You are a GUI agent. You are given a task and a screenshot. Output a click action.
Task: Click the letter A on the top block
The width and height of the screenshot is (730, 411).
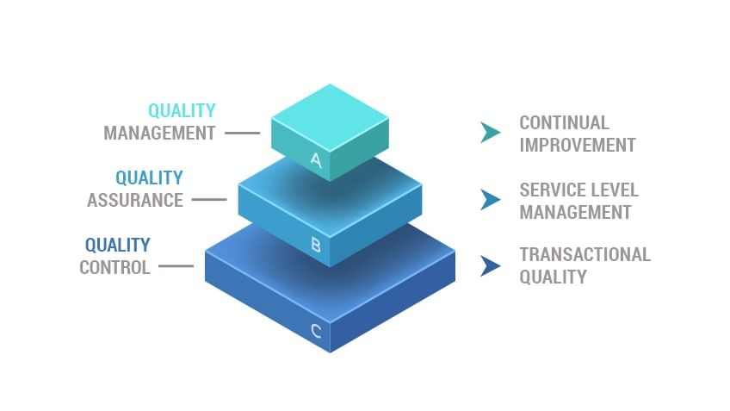point(316,159)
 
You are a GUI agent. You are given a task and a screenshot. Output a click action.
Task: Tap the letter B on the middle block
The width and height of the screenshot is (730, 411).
point(316,245)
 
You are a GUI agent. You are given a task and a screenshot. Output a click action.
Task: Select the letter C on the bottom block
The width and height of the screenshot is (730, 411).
point(317,330)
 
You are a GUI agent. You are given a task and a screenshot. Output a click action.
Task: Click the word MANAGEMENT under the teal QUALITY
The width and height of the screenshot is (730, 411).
point(159,134)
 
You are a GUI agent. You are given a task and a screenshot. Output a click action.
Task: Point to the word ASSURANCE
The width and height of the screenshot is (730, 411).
point(135,200)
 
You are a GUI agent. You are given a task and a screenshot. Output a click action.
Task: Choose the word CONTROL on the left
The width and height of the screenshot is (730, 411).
point(114,267)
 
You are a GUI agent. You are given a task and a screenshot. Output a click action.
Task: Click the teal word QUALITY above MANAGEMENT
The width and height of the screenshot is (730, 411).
point(182,111)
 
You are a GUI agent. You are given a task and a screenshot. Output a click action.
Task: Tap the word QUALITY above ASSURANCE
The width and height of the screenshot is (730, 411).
point(149,178)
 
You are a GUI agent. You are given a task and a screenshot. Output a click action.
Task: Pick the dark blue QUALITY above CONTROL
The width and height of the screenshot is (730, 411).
point(117,246)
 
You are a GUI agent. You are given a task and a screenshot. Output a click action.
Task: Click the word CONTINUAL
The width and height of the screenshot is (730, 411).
point(564,123)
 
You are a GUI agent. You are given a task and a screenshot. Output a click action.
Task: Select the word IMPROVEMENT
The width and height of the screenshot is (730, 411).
point(577,145)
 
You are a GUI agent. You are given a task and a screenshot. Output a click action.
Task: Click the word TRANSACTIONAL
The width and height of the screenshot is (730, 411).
point(585,255)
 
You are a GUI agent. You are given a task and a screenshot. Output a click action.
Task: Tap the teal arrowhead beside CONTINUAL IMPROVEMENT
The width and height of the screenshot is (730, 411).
point(491,132)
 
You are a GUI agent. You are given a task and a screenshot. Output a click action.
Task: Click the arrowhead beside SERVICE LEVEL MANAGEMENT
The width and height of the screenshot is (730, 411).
point(491,199)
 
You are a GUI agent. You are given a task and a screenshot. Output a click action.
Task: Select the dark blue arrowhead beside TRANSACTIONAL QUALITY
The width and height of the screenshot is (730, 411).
point(491,265)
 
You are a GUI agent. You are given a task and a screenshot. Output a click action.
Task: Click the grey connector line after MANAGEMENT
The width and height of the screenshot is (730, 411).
point(242,134)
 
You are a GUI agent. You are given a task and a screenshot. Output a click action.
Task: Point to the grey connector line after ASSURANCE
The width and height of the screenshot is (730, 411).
point(209,200)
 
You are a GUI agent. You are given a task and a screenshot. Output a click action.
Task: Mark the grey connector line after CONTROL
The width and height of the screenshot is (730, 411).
point(176,266)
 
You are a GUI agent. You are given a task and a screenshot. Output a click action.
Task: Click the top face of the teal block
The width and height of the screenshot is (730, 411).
point(330,116)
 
